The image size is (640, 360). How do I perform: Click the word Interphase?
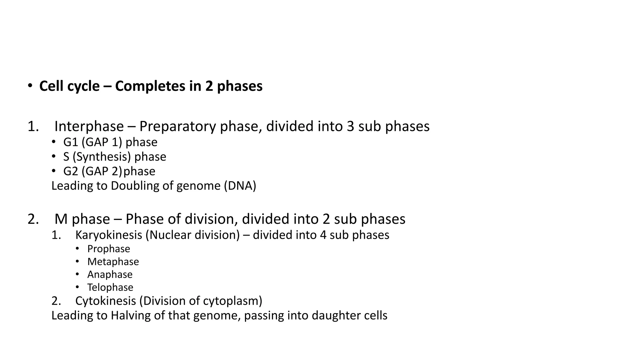tap(89, 127)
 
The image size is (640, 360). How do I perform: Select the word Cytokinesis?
tap(105, 301)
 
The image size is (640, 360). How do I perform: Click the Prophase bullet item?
tap(108, 249)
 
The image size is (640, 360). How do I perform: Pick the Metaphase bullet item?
tap(113, 262)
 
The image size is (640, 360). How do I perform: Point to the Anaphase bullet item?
tap(110, 274)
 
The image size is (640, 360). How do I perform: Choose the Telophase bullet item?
tap(110, 287)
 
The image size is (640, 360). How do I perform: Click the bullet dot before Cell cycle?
tap(30, 85)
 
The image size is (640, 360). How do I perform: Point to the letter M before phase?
tap(61, 219)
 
